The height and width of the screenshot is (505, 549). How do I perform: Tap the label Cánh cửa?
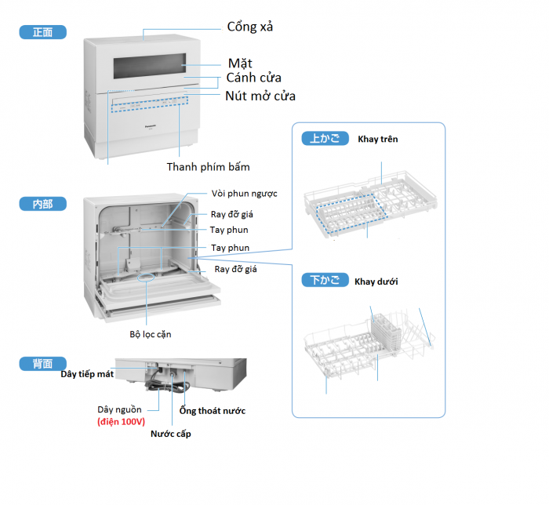point(253,78)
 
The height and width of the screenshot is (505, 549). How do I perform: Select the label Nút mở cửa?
point(260,96)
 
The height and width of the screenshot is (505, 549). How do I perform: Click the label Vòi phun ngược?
point(244,194)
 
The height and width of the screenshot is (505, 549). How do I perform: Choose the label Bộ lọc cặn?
point(151,334)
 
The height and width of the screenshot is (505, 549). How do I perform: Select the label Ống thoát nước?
point(212,410)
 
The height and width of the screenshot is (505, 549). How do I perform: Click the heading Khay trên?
point(377,140)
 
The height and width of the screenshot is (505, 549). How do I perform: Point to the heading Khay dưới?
point(376,281)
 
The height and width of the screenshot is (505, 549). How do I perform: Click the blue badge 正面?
point(43,33)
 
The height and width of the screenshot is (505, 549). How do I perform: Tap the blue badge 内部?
point(43,204)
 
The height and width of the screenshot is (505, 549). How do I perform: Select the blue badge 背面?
point(43,364)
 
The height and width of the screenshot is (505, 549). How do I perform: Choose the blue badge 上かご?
point(325,139)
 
